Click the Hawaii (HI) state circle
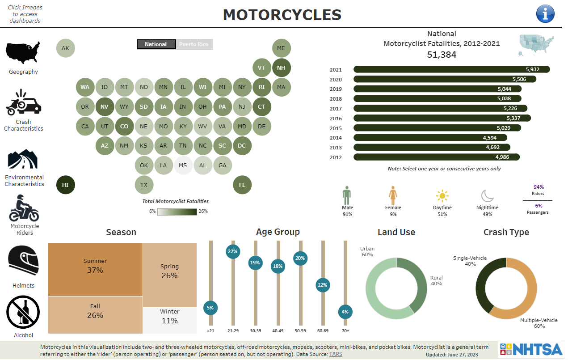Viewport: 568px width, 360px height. coord(66,185)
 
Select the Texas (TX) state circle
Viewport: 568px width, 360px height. coord(144,185)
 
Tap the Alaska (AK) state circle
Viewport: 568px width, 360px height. coord(66,48)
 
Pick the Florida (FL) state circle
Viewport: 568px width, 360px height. coord(242,185)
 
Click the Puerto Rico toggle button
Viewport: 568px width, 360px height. coord(194,44)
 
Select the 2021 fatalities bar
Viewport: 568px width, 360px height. coord(451,69)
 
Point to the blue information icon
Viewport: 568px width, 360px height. coord(545,14)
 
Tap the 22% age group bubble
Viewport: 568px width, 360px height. coord(232,251)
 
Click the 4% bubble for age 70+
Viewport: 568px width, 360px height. coord(345,312)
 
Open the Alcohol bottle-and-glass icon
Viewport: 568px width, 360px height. coord(23,312)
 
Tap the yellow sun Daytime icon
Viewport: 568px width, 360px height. coord(442,196)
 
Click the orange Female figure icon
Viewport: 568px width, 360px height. coord(393,195)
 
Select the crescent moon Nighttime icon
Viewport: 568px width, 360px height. coord(487,196)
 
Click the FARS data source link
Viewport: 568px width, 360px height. coord(336,354)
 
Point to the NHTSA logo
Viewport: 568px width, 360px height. coord(530,349)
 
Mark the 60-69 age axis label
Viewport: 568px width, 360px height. coord(323,331)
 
